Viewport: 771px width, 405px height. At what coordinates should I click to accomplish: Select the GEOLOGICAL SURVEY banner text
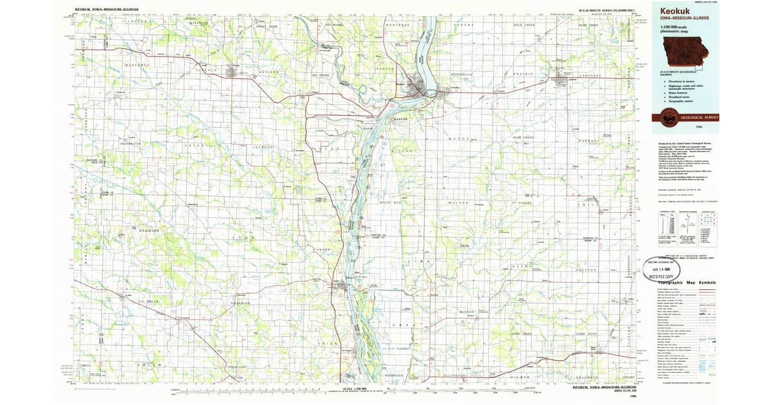point(701,118)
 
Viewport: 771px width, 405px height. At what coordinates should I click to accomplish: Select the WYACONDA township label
point(137,65)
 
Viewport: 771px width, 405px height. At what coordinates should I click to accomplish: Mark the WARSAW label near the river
point(401,120)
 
